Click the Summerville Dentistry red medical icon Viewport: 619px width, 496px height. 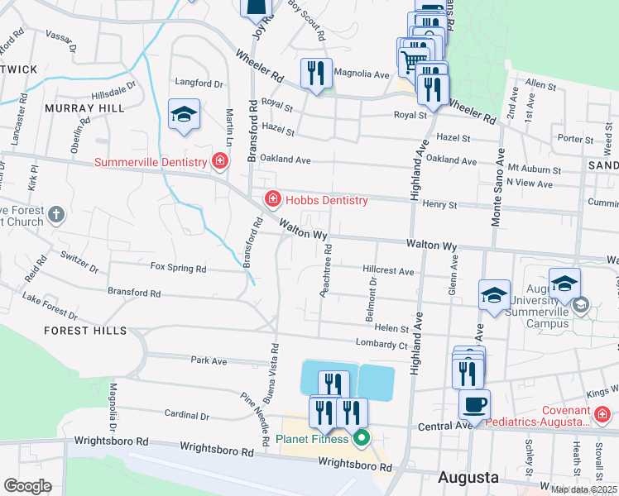219,161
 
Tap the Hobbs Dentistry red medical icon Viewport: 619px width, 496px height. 271,199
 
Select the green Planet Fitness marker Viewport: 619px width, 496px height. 360,438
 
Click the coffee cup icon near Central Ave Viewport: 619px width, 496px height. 474,404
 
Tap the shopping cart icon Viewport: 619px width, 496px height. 412,58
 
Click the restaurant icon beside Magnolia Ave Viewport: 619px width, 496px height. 316,74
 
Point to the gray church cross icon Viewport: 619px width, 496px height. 56,215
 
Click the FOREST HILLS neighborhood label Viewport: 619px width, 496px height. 87,331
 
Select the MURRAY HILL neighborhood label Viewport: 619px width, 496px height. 84,108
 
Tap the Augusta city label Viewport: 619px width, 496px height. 468,478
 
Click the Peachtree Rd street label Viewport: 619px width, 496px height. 327,271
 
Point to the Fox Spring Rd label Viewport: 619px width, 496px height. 178,269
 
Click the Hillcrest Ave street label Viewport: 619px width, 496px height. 388,271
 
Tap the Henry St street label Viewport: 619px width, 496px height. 439,204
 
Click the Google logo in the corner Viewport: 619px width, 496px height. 26,486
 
